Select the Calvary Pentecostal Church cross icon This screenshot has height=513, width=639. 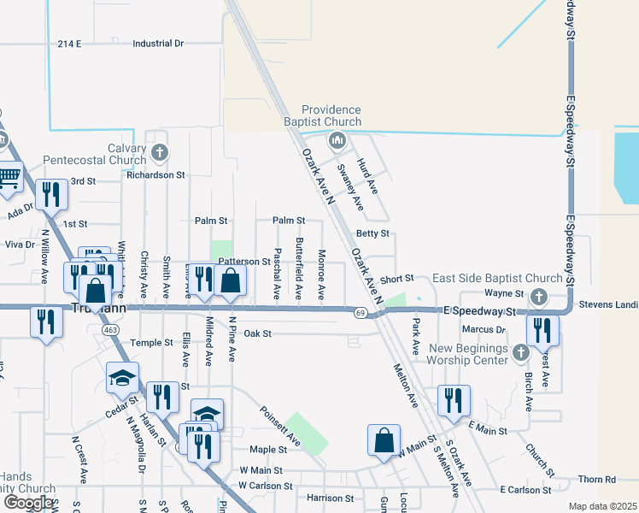tap(158, 153)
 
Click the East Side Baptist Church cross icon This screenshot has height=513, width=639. tap(537, 296)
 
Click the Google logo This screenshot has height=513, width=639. tap(28, 502)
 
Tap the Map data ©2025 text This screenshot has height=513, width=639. tap(602, 506)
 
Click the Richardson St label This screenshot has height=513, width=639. tap(156, 174)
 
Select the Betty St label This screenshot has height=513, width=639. tap(372, 233)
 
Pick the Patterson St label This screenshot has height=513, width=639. tap(244, 261)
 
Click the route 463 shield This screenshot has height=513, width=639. tap(109, 329)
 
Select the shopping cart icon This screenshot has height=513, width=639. tap(8, 177)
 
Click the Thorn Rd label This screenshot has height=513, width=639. tap(596, 480)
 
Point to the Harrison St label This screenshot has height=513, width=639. tap(331, 498)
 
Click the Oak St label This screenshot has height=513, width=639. tap(257, 333)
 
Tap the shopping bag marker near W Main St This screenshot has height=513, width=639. tap(384, 440)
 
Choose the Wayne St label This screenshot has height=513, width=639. tap(505, 292)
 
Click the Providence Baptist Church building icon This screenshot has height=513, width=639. tap(337, 139)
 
